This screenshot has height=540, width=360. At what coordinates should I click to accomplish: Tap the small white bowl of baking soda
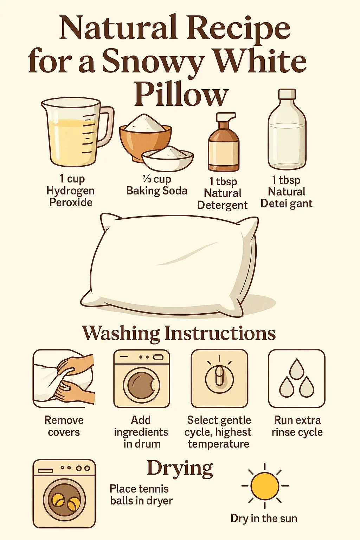coord(167,158)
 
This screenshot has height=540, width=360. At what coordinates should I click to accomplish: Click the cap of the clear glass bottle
coord(287,95)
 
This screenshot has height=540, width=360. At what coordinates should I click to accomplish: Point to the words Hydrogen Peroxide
coord(70,197)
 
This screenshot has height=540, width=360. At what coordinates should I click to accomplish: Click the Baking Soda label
coord(157,191)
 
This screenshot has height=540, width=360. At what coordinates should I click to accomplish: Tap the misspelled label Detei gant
coord(287,204)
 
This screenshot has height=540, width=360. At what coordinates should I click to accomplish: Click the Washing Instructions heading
coord(179,333)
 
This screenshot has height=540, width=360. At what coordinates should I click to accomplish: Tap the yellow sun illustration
coord(265,486)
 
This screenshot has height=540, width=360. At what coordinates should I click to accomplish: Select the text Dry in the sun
coord(264,518)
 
